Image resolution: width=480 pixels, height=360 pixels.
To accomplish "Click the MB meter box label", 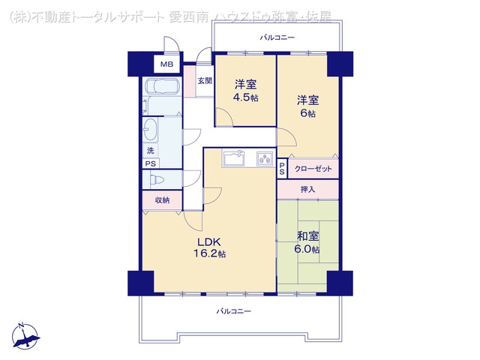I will [x=166, y=64].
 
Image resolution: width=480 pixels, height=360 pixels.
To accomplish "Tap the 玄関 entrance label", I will [x=204, y=80].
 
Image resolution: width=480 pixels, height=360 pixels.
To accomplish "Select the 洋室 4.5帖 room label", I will [x=245, y=90].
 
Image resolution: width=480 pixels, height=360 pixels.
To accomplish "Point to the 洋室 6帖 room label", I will [x=307, y=106].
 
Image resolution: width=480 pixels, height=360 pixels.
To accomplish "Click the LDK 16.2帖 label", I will [x=211, y=247].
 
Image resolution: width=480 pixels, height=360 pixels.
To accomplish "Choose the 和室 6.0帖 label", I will [x=307, y=242].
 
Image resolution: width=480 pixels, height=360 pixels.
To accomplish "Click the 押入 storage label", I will [x=307, y=190].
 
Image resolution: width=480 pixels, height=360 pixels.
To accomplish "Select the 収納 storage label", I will [x=162, y=200].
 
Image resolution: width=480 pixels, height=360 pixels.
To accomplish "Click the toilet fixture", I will [x=157, y=180].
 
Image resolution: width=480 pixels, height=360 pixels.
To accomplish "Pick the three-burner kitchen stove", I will [x=265, y=158].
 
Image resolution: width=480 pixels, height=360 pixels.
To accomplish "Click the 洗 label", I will [x=150, y=150].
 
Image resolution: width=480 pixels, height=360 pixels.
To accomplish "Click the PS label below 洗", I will [x=151, y=163].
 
